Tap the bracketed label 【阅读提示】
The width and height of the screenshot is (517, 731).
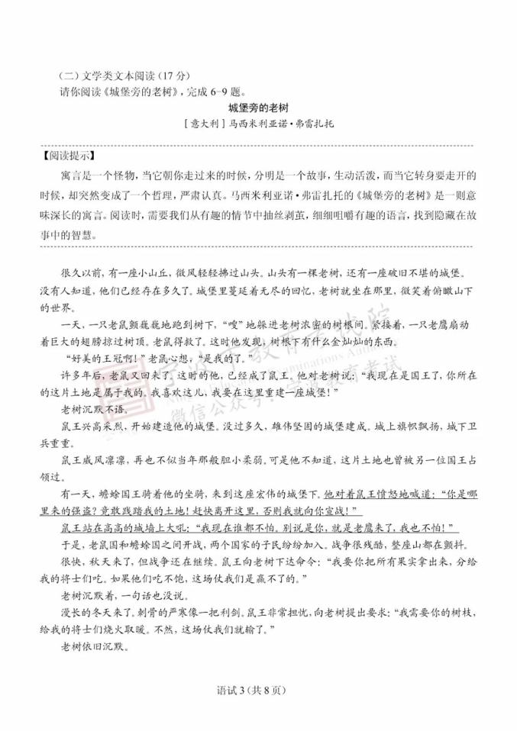[x=64, y=153]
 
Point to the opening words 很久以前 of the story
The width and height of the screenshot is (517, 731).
[x=76, y=272]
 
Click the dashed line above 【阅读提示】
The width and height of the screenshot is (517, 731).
[x=258, y=143]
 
